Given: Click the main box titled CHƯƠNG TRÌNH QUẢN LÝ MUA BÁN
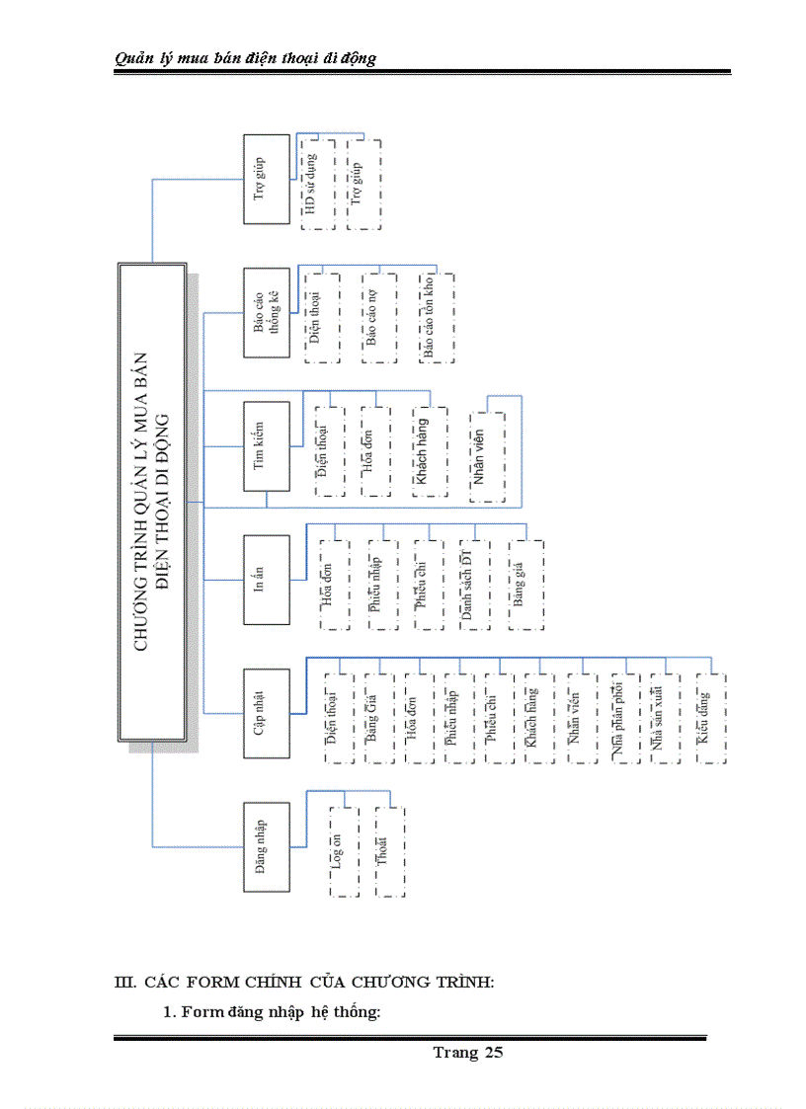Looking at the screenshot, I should click(152, 502).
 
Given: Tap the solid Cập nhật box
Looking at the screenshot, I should click(267, 713).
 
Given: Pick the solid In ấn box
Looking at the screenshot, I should click(267, 580).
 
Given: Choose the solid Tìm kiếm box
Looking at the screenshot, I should click(267, 445).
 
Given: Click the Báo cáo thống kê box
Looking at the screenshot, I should click(267, 312).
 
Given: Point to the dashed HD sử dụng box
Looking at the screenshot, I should click(317, 185).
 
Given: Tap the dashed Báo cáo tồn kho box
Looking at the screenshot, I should click(436, 319).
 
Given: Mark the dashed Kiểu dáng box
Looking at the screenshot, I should click(710, 718).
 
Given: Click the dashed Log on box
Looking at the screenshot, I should click(343, 851).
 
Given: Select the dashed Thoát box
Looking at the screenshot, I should click(389, 851).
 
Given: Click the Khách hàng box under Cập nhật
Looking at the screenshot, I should click(531, 718).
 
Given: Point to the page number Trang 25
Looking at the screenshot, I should click(467, 1053).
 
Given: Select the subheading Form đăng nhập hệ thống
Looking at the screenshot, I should click(272, 1012).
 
